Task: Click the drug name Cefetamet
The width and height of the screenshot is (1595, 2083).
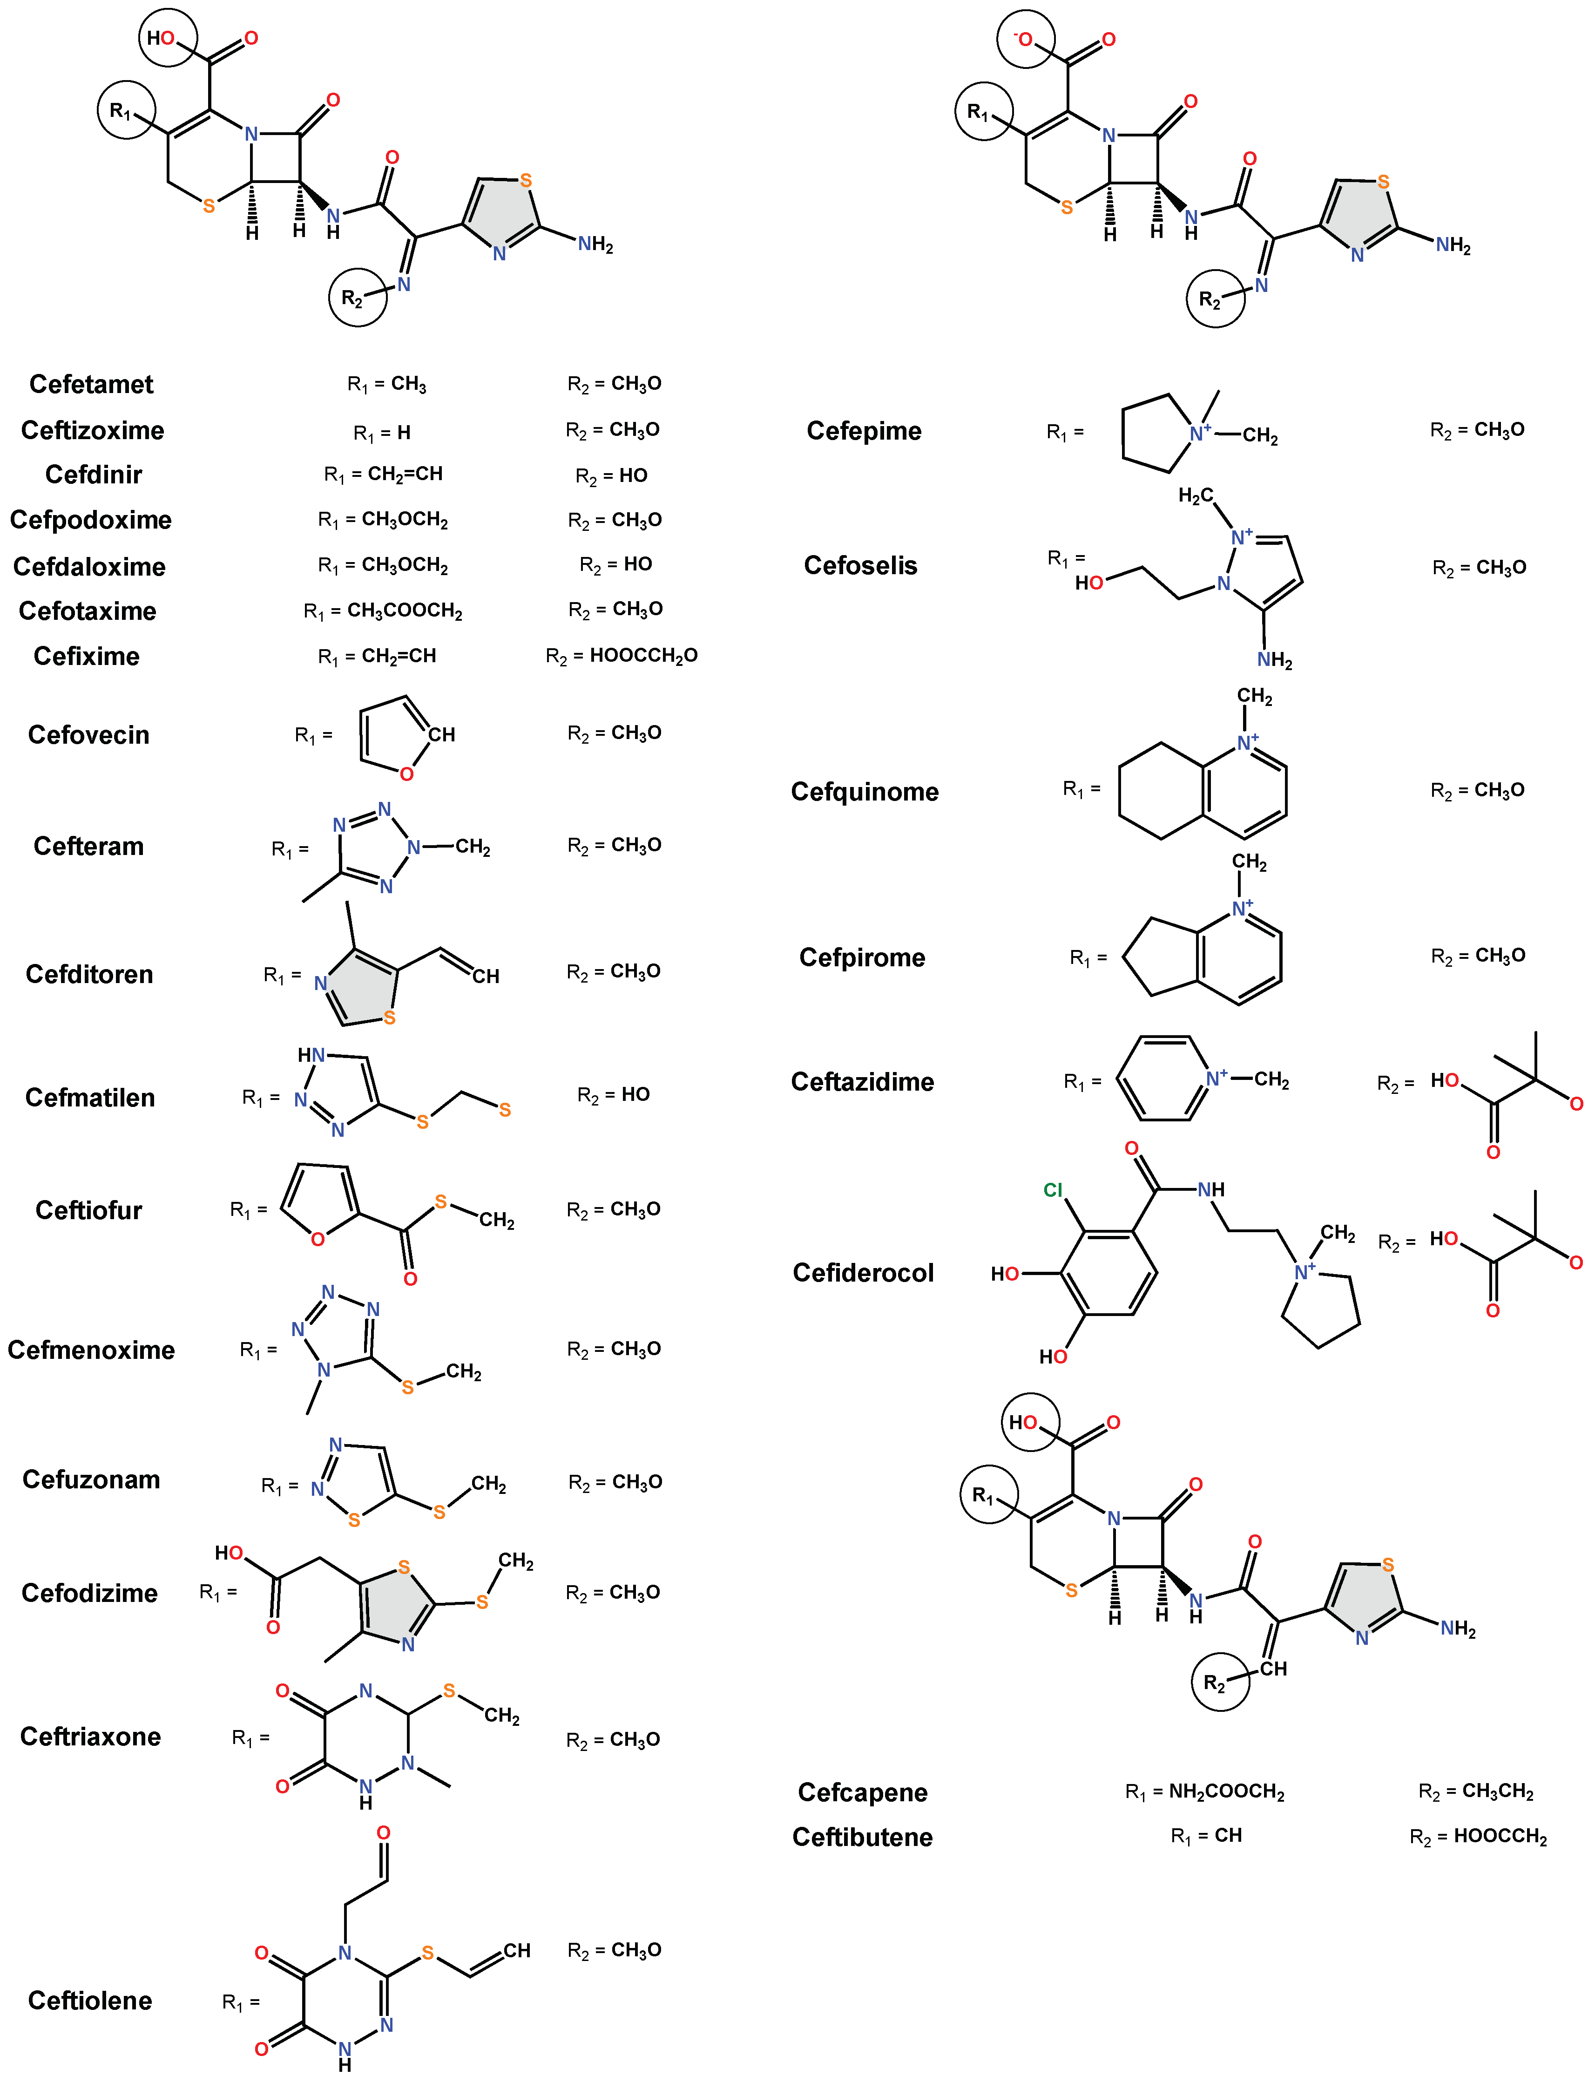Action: pyautogui.click(x=91, y=385)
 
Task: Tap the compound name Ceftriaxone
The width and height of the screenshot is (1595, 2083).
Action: pyautogui.click(x=90, y=1737)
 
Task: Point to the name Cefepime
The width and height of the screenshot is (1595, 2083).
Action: pyautogui.click(x=864, y=431)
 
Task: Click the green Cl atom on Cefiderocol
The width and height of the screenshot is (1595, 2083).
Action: pyautogui.click(x=1053, y=1191)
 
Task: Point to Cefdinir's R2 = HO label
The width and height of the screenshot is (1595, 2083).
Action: pyautogui.click(x=611, y=475)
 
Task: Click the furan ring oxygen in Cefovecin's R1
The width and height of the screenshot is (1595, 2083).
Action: pyautogui.click(x=406, y=774)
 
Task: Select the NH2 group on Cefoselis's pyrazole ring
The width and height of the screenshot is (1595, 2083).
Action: pyautogui.click(x=1274, y=660)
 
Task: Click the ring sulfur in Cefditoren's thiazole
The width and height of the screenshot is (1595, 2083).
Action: pyautogui.click(x=389, y=1018)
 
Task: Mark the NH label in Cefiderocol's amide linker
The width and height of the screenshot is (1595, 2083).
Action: pyautogui.click(x=1210, y=1190)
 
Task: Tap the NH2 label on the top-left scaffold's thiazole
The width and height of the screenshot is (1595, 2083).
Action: pyautogui.click(x=595, y=245)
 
